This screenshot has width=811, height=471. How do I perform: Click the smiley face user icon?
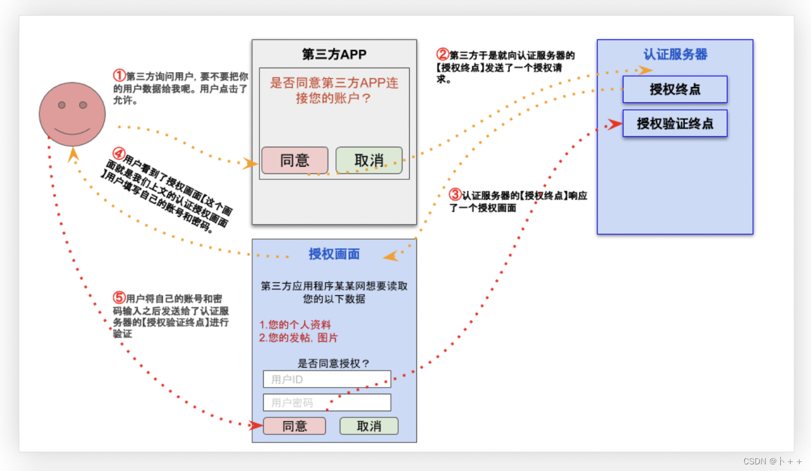click(72, 114)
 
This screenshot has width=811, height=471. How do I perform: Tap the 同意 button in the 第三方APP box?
click(294, 161)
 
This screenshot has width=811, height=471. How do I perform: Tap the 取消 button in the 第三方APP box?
click(369, 161)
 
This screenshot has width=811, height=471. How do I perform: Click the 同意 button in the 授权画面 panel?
click(294, 426)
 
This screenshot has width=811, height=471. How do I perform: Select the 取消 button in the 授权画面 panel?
click(369, 426)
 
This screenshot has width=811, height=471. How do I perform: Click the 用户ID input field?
click(327, 379)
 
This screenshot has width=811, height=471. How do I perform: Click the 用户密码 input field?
click(327, 403)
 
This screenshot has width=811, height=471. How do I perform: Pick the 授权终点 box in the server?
click(675, 90)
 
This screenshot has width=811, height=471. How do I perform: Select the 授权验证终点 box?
click(675, 124)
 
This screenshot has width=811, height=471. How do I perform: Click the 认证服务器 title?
click(675, 54)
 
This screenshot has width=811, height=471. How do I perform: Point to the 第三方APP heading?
click(334, 54)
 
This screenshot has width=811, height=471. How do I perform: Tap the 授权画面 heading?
click(334, 254)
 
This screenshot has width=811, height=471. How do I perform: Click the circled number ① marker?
click(119, 76)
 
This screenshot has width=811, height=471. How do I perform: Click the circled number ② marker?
click(443, 55)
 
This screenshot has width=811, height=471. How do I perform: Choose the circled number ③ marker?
click(456, 195)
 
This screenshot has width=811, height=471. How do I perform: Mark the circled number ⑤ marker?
click(119, 298)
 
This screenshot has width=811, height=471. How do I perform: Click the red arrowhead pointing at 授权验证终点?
click(614, 124)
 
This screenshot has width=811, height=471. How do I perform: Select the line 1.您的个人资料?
click(295, 325)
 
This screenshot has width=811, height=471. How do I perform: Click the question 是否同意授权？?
click(334, 364)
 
